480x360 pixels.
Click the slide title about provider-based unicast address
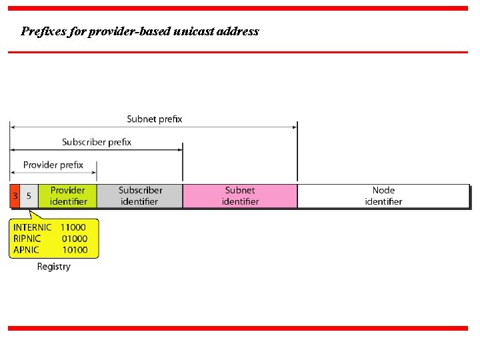click(140, 31)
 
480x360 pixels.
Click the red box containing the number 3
click(15, 196)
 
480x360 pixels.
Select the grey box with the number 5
click(29, 196)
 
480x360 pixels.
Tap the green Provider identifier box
click(68, 196)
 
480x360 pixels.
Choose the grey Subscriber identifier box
click(140, 196)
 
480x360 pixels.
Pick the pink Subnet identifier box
click(240, 196)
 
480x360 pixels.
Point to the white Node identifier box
click(383, 196)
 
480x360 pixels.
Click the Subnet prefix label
click(155, 119)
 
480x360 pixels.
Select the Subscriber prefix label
click(97, 142)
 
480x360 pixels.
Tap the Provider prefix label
click(53, 165)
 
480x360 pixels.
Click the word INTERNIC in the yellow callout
click(33, 227)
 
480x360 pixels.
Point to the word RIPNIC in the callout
click(27, 239)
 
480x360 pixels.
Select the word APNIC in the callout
click(26, 250)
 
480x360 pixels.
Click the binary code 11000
click(73, 227)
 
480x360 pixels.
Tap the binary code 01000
click(74, 239)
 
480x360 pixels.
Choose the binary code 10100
click(75, 250)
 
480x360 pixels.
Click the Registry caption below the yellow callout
click(53, 267)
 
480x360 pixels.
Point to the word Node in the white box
click(383, 191)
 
